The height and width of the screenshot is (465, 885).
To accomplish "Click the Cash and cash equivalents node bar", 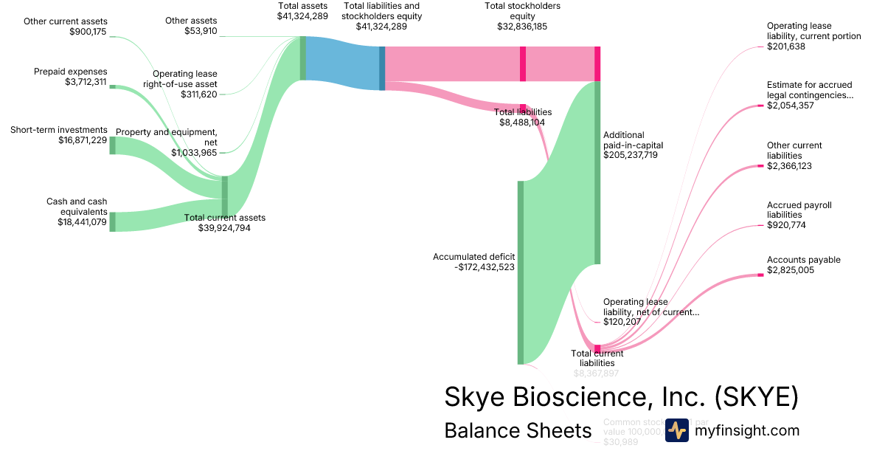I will [113, 221].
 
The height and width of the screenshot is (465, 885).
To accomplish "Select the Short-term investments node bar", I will [113, 145].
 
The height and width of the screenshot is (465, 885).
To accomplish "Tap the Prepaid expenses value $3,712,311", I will [86, 82].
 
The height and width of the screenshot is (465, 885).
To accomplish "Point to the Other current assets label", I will [65, 21].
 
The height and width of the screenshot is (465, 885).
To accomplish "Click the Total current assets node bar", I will [225, 197].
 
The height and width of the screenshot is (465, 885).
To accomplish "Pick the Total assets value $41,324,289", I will [302, 15].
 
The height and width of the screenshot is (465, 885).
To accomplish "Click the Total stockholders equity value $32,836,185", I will [522, 27].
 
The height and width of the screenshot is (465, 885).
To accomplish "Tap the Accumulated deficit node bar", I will [521, 272].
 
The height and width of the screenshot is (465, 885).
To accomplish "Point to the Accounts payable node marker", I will [760, 275].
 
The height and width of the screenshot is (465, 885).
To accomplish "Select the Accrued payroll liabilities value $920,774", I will [786, 225].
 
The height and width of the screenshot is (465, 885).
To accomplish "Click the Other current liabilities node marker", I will [760, 166].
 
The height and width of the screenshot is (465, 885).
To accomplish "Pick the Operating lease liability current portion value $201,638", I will [786, 46].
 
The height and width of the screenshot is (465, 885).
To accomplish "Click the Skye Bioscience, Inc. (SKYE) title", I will [621, 397].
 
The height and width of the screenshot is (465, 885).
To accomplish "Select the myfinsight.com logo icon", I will [676, 430].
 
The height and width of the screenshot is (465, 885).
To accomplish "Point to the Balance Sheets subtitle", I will [518, 430].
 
